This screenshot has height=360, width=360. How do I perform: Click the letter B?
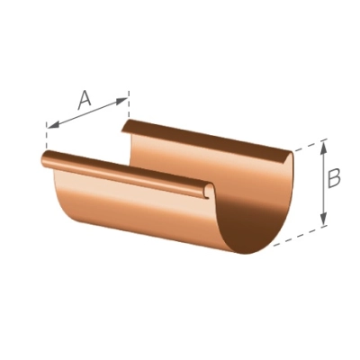point(334,179)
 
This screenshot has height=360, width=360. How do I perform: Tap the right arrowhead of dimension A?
point(121,100)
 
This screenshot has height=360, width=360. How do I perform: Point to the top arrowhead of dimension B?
point(323,148)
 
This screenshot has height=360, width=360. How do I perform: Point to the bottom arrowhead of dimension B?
point(323,219)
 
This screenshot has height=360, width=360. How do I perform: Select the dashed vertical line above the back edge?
point(129,103)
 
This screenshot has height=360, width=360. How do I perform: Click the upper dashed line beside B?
point(310,145)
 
